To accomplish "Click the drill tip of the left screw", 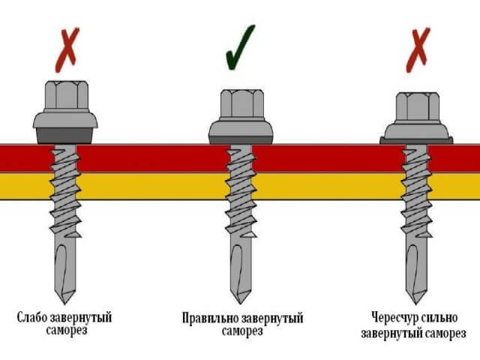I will coord(65,281).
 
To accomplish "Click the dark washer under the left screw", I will coord(65,136).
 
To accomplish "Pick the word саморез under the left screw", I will coord(65,331).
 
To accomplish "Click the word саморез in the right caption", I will coord(445,333).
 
